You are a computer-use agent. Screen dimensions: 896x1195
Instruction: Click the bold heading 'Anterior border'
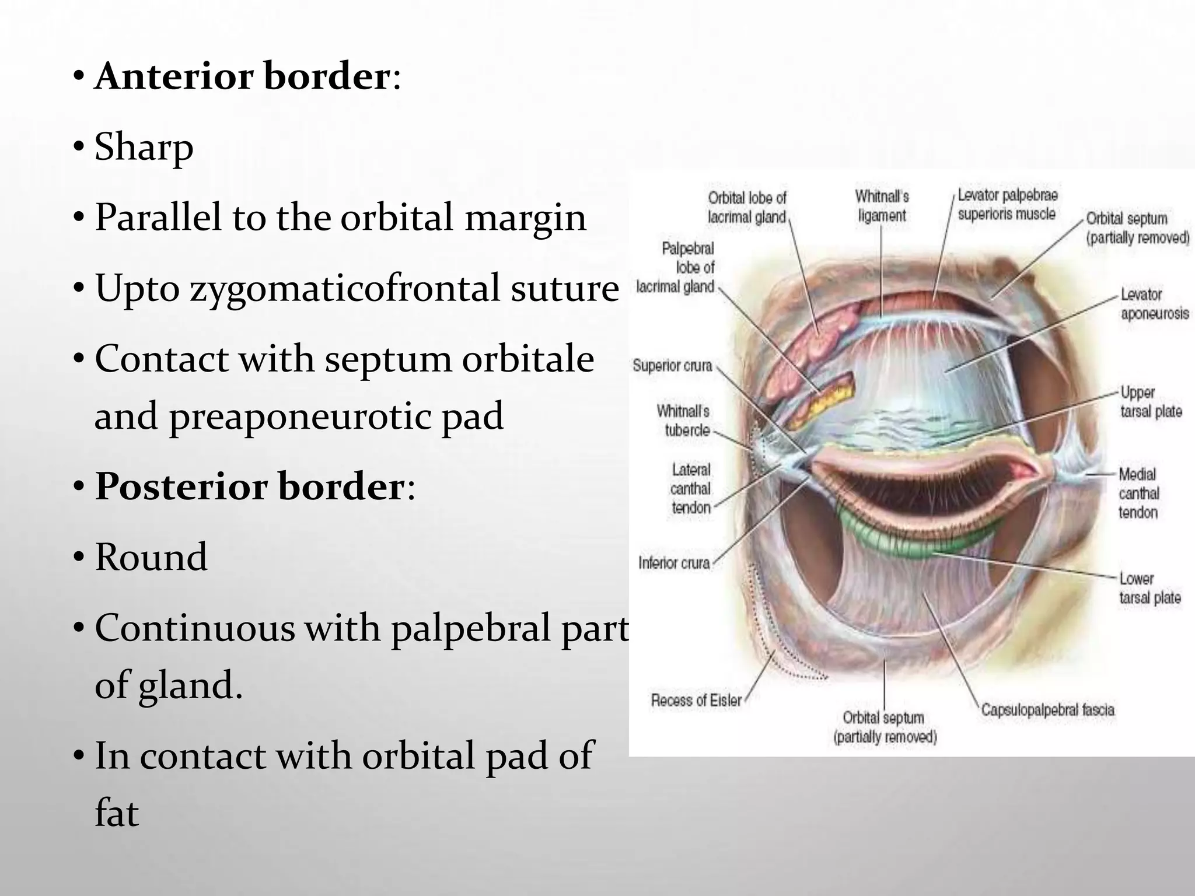[242, 76]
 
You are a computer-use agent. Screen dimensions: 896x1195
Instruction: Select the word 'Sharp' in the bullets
[144, 147]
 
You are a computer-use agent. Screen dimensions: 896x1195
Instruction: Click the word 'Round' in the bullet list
[151, 557]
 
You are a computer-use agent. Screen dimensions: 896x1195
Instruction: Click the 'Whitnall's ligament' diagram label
[882, 206]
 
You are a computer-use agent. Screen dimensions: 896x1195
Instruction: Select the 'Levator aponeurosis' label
[1154, 304]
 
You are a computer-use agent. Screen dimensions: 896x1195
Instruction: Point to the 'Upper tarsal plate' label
[1151, 402]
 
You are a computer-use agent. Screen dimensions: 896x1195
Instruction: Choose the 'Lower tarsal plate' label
[1149, 588]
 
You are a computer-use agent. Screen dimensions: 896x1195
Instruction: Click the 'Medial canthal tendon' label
[1138, 493]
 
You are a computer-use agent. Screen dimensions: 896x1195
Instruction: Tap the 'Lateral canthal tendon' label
[691, 488]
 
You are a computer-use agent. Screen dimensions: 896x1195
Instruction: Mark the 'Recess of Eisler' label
[696, 700]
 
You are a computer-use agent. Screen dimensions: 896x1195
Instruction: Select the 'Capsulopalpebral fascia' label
[1047, 710]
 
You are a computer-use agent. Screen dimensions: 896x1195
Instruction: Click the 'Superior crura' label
[672, 366]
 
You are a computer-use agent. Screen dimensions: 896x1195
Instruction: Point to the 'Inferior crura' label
[674, 563]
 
